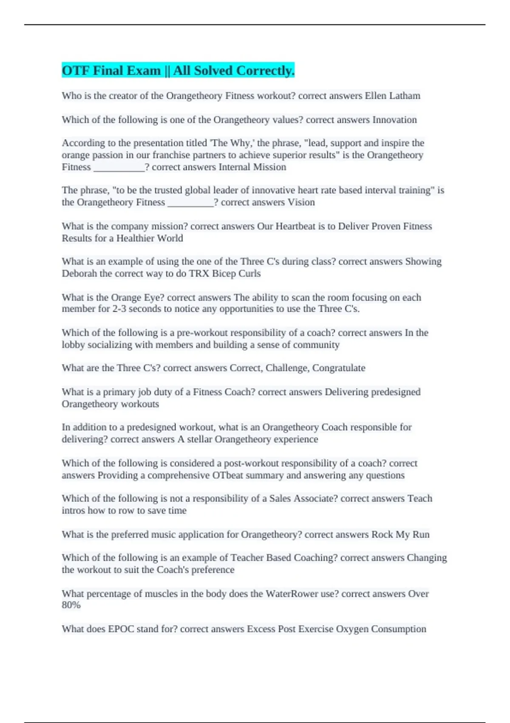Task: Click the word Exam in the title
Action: click(142, 71)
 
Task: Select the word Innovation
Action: click(394, 120)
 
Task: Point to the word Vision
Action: click(301, 202)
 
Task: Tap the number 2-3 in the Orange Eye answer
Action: click(119, 309)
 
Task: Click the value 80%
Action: click(71, 605)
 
